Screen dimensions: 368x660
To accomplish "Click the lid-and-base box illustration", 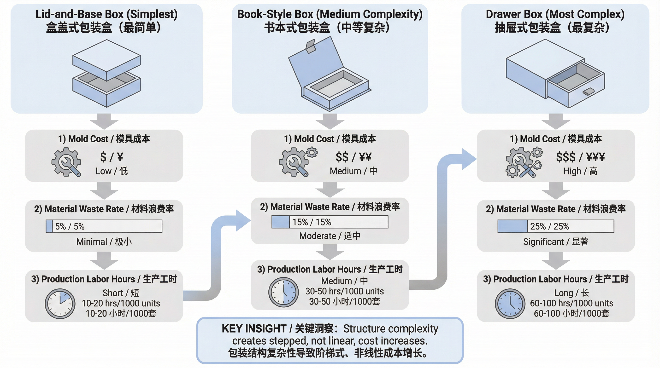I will (x=106, y=74).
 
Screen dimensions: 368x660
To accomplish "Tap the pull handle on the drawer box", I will (x=589, y=91).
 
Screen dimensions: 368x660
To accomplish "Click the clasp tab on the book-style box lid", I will (x=311, y=46).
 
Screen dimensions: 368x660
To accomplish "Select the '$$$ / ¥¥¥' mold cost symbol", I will (x=580, y=157).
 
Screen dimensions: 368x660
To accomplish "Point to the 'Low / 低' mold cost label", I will (x=112, y=171).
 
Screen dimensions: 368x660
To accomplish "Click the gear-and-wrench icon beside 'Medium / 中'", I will (x=297, y=162).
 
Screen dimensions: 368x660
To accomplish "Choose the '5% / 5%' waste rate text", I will (x=70, y=226).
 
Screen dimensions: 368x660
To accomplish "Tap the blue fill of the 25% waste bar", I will (x=513, y=226).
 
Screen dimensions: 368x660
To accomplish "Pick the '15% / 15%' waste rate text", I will (x=312, y=222).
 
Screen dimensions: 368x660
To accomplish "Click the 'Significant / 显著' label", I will (x=555, y=241).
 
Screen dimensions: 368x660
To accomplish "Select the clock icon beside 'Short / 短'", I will (x=60, y=304).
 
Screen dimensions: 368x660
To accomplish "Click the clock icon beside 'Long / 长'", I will (x=510, y=304).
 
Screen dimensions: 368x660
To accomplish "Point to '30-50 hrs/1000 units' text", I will (x=344, y=291).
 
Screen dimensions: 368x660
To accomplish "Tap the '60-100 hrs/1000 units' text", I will (x=571, y=303).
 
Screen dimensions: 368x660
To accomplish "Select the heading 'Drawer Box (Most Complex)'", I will (x=555, y=14).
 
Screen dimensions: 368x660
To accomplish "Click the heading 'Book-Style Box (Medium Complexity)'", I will (x=330, y=14).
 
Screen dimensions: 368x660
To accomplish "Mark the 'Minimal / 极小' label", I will (x=104, y=241).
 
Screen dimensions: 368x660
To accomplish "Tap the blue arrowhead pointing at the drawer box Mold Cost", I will (x=468, y=159).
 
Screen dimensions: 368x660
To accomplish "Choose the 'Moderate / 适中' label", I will (x=330, y=236).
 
